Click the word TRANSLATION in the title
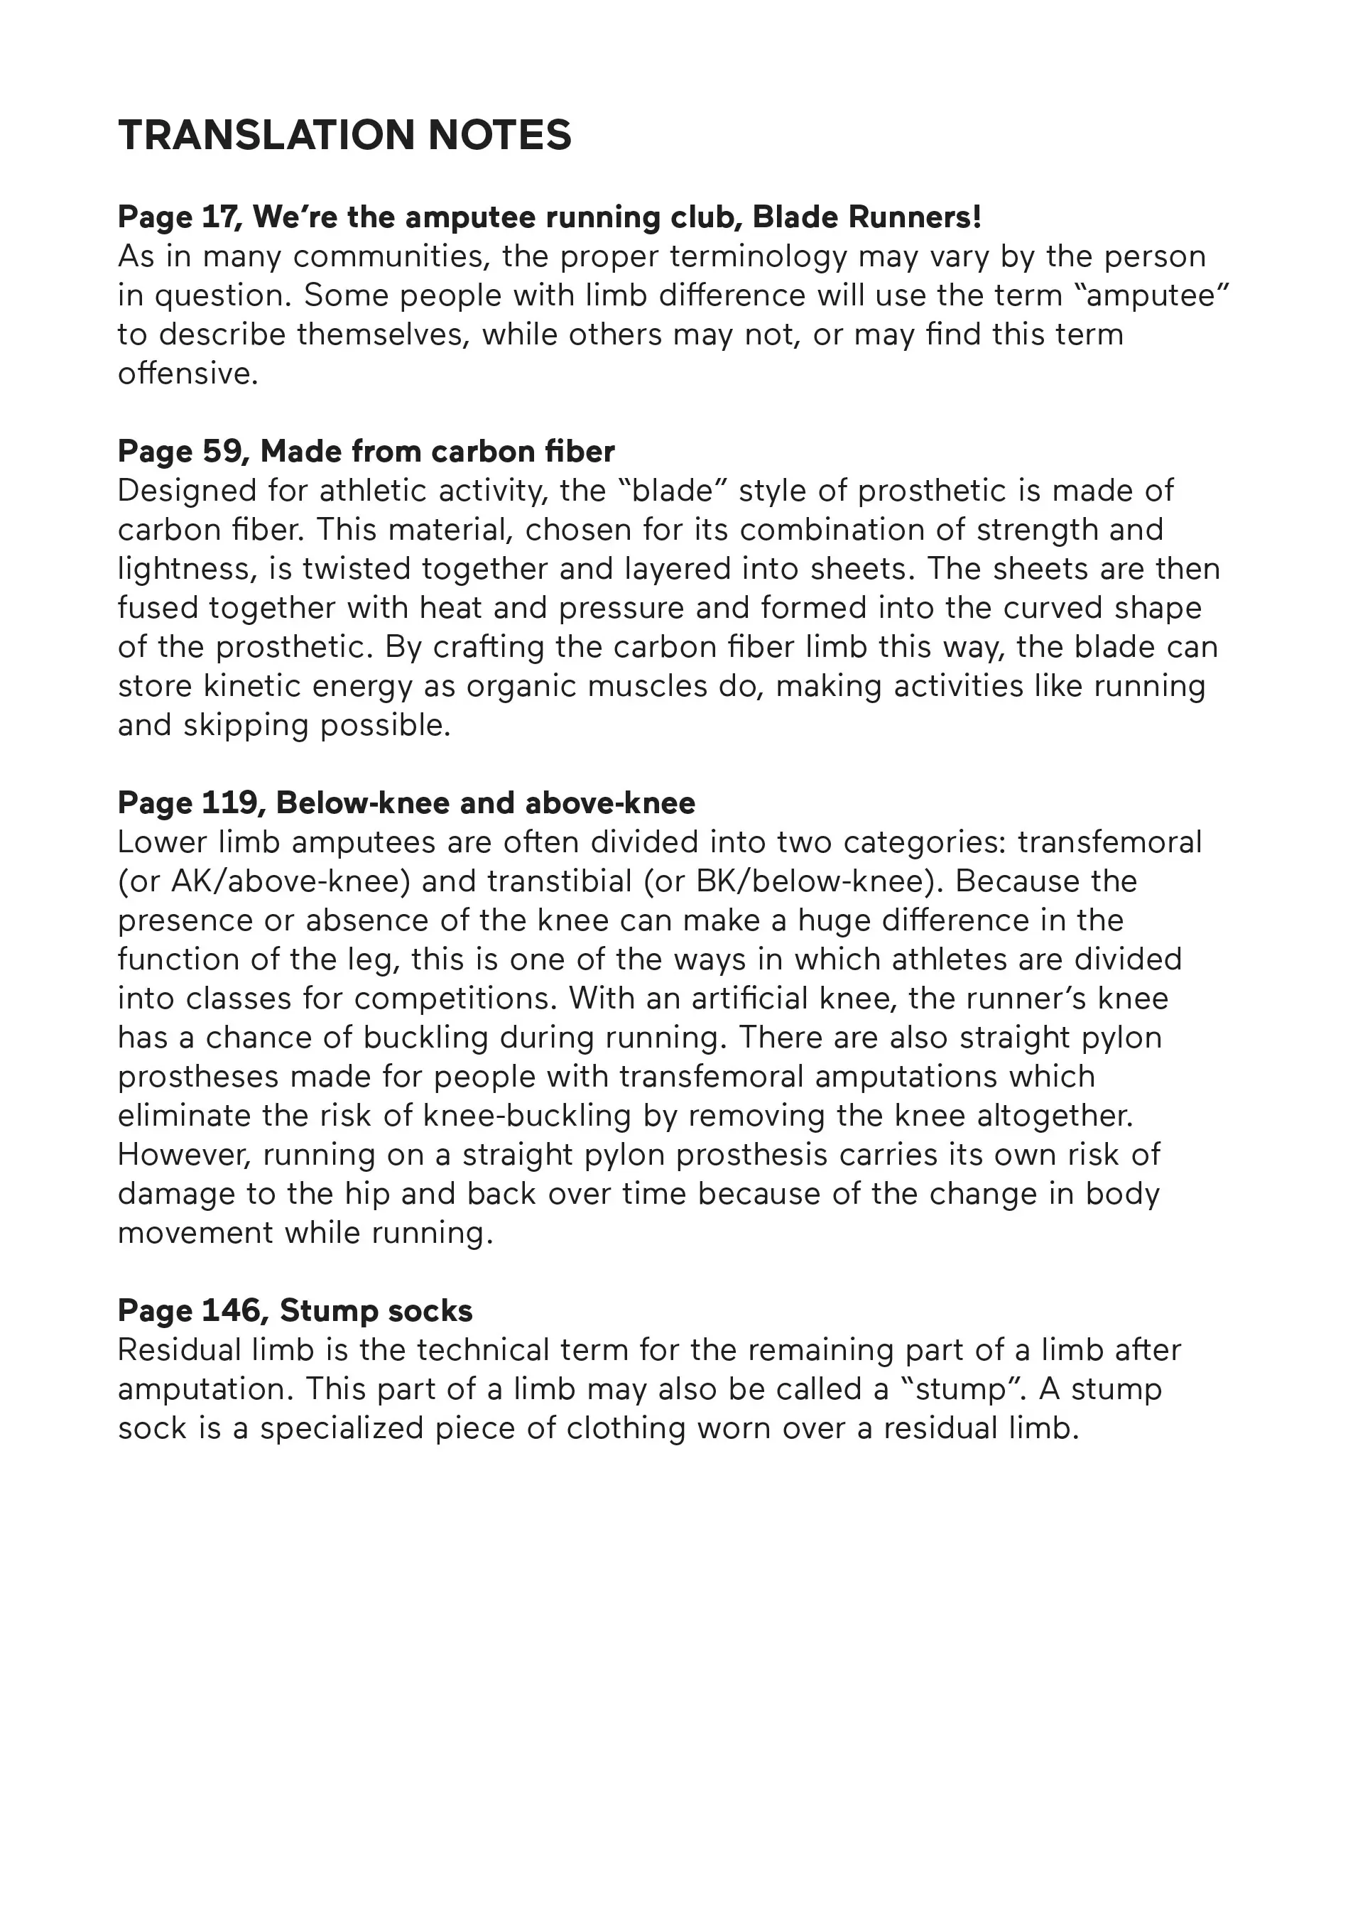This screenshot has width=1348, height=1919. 266,136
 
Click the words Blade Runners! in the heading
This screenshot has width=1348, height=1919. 866,217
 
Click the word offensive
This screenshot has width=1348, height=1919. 187,374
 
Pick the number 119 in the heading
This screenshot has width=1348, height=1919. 228,803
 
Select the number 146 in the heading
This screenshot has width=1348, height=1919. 232,1311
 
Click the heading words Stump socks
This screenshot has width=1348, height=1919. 376,1311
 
